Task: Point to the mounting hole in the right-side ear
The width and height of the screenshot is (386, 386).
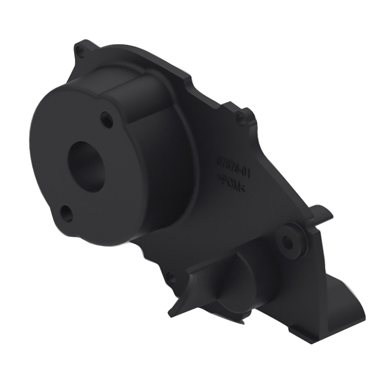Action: click(241, 117)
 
